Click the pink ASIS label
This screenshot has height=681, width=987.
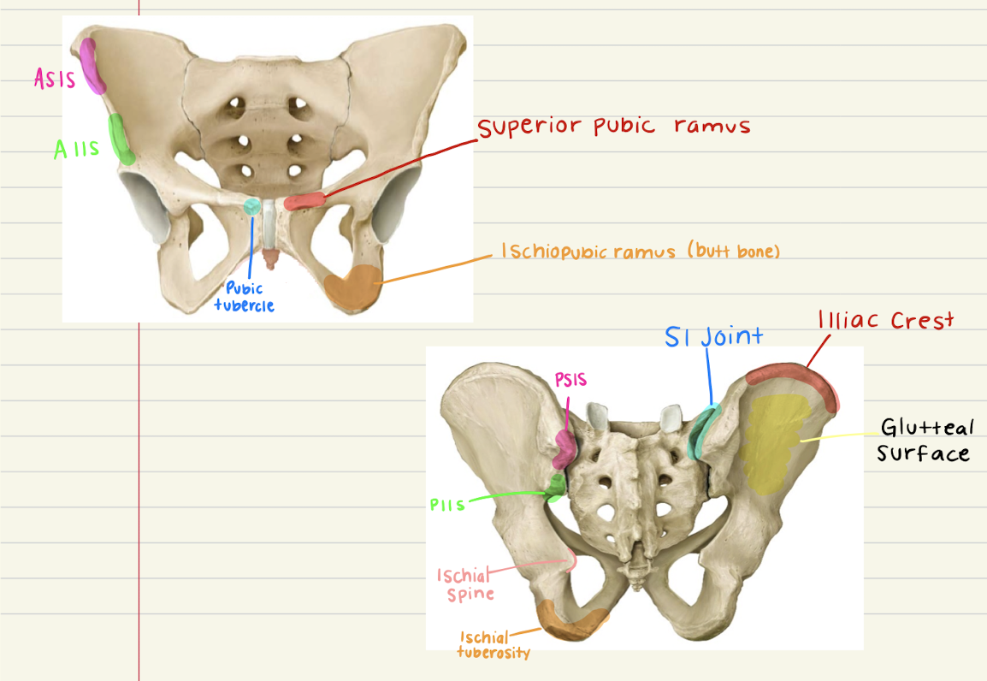click(x=55, y=80)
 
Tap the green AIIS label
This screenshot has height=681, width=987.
click(x=76, y=150)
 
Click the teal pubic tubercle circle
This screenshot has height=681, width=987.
click(x=252, y=205)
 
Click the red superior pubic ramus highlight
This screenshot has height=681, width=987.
click(x=305, y=201)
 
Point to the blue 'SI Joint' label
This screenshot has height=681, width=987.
click(x=713, y=336)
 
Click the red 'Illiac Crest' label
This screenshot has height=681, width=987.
click(x=884, y=321)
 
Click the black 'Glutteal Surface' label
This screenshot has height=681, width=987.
click(x=925, y=440)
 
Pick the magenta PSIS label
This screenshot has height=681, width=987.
click(x=570, y=380)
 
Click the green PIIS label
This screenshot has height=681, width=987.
click(x=447, y=504)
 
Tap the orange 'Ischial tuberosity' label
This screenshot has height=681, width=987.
click(x=493, y=645)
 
